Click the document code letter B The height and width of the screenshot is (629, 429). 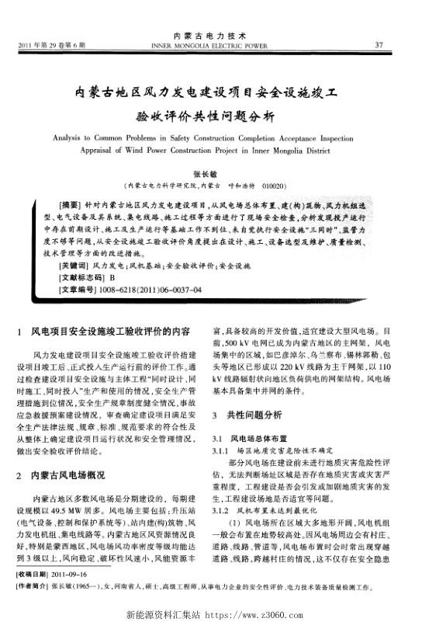pos(112,277)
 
